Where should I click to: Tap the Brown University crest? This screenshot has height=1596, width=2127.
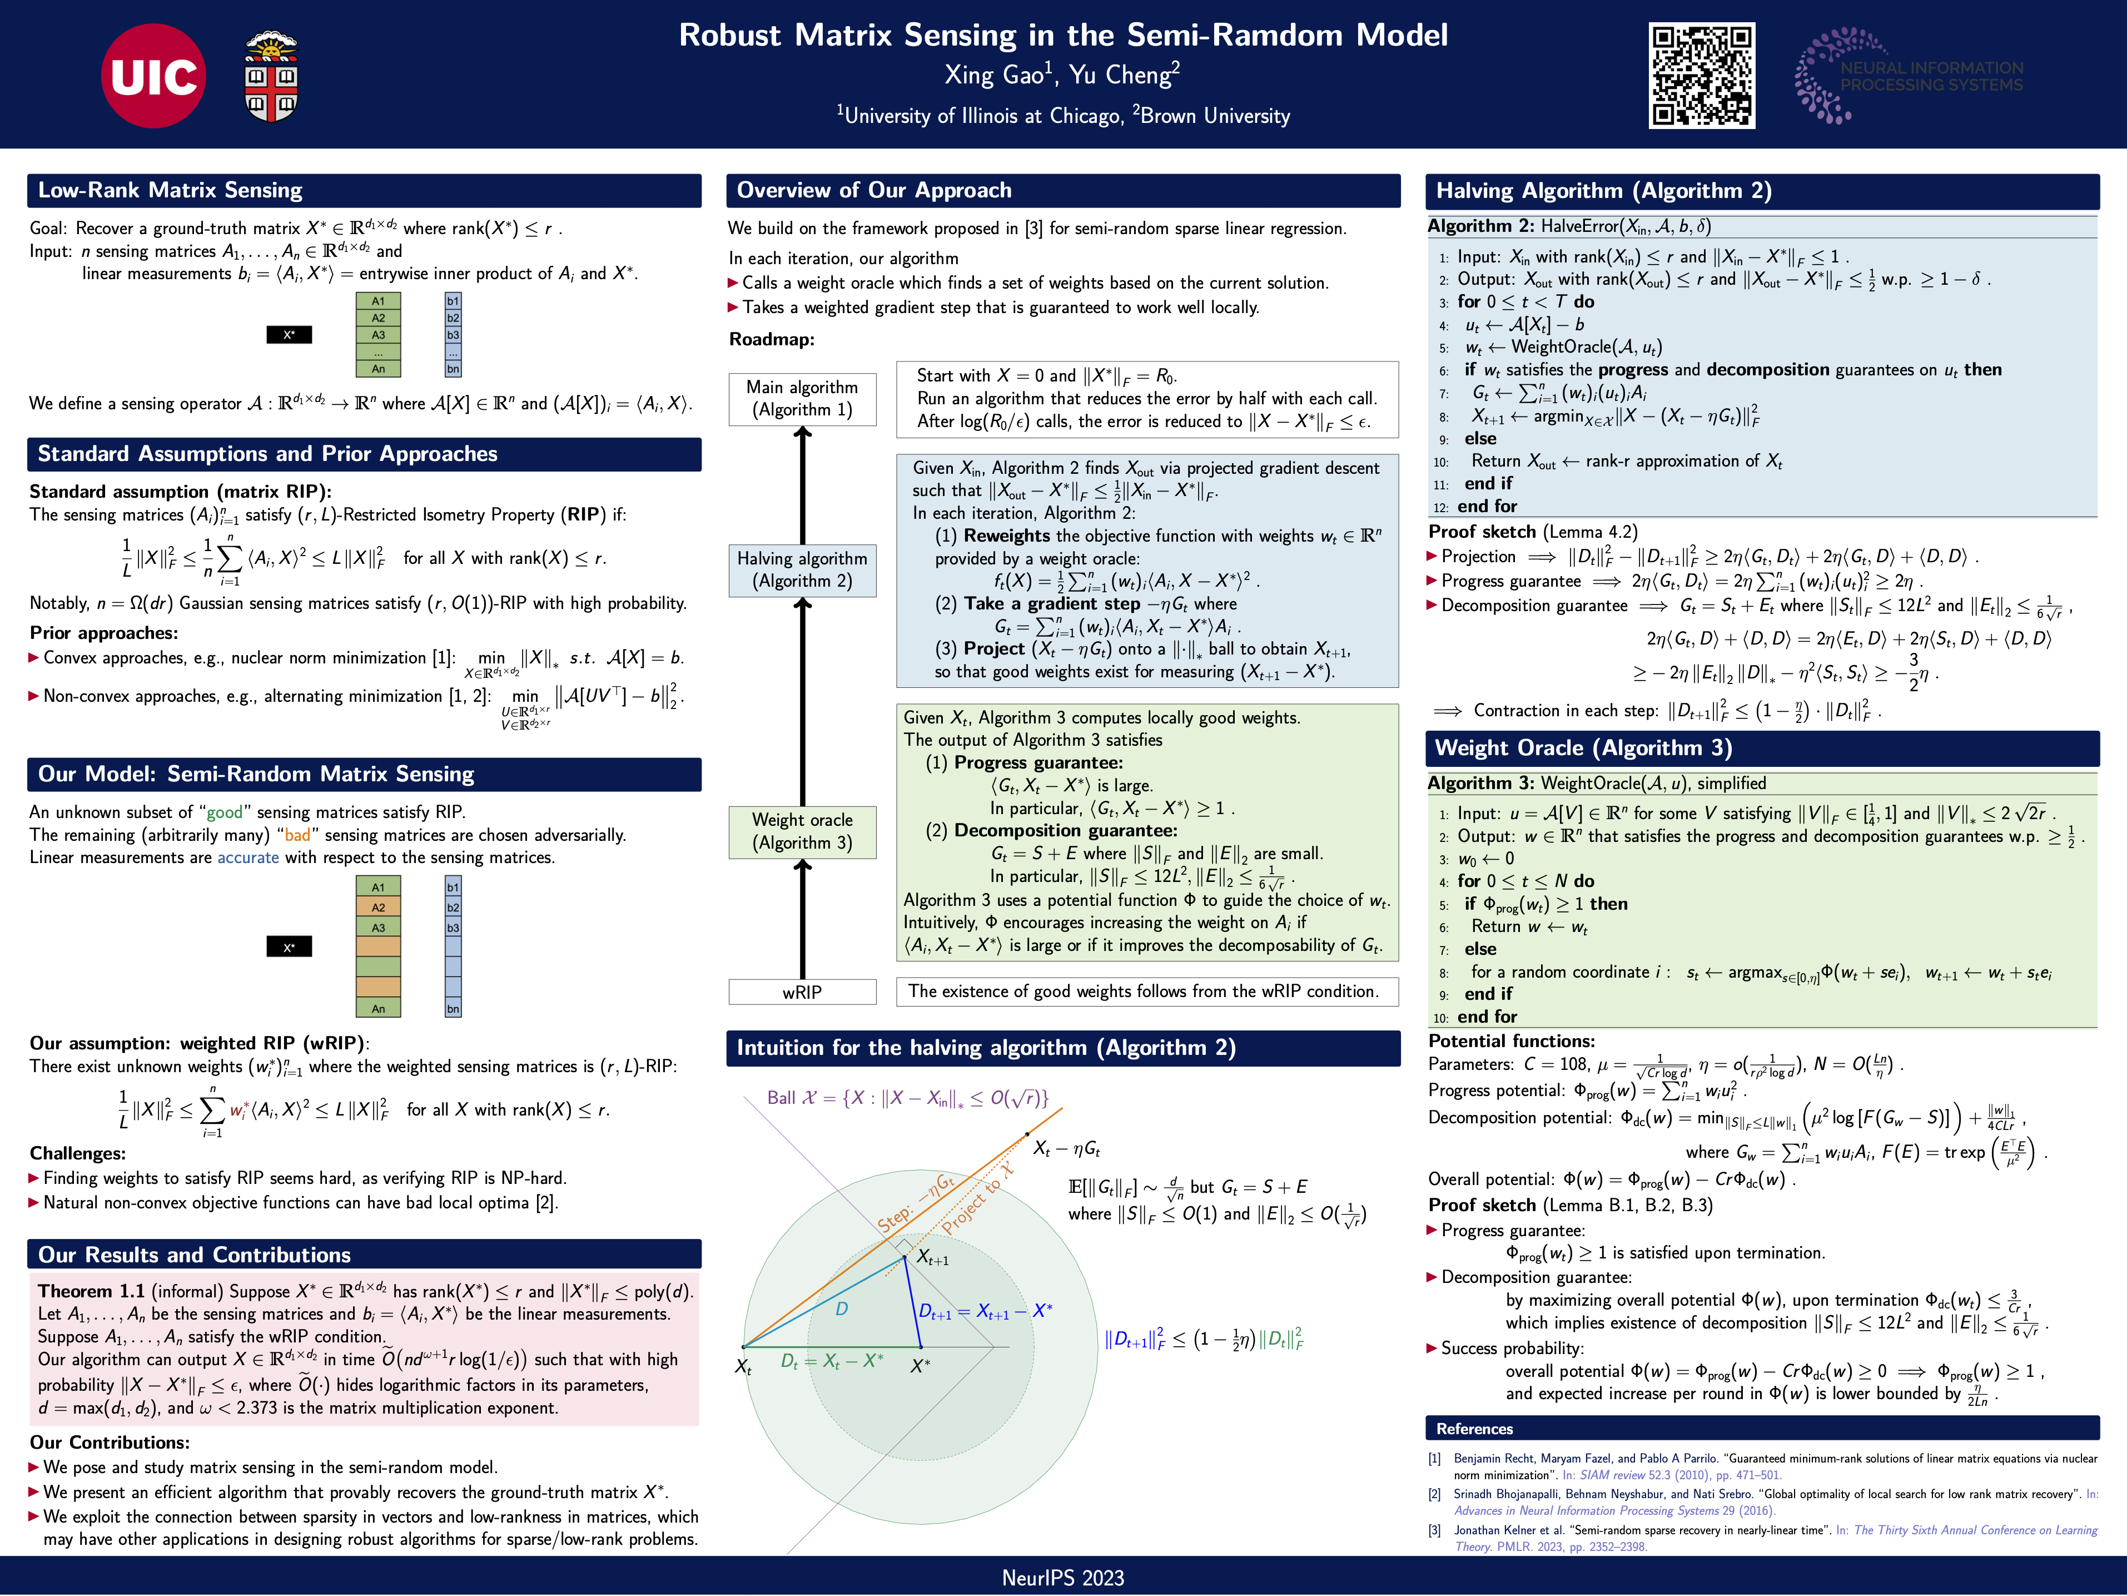pyautogui.click(x=271, y=76)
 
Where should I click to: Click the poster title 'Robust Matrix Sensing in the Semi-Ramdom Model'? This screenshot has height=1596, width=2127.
pyautogui.click(x=1062, y=36)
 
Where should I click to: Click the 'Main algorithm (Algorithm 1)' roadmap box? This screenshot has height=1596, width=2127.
pyautogui.click(x=802, y=398)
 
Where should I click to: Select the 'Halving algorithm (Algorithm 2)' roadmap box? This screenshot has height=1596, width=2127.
pyautogui.click(x=802, y=569)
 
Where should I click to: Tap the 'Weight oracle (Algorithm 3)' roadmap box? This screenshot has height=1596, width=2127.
pyautogui.click(x=802, y=831)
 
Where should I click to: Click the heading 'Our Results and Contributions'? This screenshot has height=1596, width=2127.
pyautogui.click(x=194, y=1255)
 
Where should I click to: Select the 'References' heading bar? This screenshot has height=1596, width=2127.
pyautogui.click(x=1474, y=1429)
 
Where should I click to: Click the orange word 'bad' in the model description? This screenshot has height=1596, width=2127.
pyautogui.click(x=297, y=835)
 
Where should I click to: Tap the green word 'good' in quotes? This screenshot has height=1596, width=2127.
pyautogui.click(x=225, y=812)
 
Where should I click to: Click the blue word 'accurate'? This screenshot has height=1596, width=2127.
pyautogui.click(x=248, y=857)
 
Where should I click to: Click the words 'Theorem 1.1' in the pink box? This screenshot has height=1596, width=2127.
pyautogui.click(x=91, y=1291)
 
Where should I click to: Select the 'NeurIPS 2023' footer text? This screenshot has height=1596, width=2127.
pyautogui.click(x=1062, y=1578)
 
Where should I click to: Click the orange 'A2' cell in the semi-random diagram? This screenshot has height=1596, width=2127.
pyautogui.click(x=378, y=907)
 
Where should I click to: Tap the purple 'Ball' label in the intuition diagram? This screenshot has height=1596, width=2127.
pyautogui.click(x=781, y=1098)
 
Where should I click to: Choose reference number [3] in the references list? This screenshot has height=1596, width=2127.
pyautogui.click(x=1435, y=1530)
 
